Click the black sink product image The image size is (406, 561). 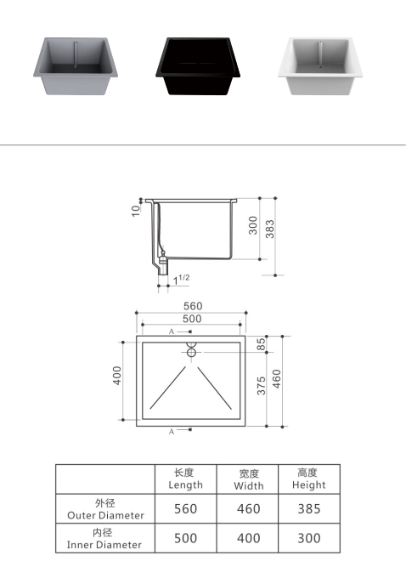198,65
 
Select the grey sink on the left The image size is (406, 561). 76,65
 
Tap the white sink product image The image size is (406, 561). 320,65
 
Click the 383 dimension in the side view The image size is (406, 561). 270,229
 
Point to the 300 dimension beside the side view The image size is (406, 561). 252,225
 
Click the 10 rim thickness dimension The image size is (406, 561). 136,211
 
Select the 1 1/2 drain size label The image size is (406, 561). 182,280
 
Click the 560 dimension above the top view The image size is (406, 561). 193,306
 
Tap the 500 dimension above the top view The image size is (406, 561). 192,319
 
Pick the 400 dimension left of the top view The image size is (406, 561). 117,376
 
